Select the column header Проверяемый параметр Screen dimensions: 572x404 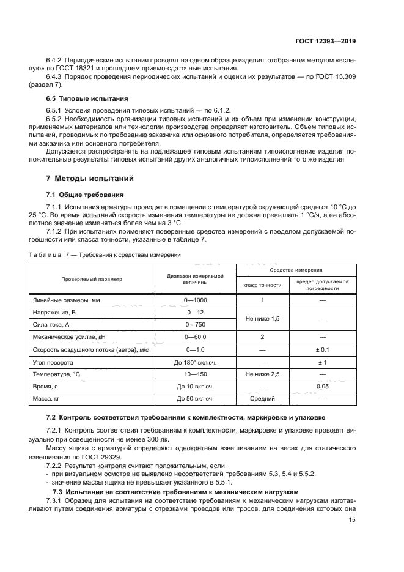coord(92,279)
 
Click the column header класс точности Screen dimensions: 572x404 coord(262,285)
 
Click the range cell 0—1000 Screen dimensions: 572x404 coord(196,300)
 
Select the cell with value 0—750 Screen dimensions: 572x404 coord(196,324)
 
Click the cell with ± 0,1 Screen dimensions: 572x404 coord(322,349)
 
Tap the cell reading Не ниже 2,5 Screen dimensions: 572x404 coord(262,374)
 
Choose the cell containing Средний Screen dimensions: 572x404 coord(262,399)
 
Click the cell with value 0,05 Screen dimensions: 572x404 coord(322,387)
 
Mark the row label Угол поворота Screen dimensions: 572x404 coord(56,362)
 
